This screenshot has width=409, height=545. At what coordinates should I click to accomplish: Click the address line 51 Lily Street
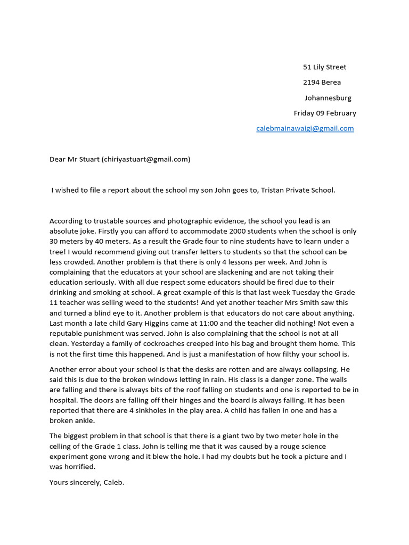point(324,67)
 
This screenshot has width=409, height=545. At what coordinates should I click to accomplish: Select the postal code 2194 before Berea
point(312,82)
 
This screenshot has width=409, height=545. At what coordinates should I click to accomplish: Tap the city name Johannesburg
point(328,98)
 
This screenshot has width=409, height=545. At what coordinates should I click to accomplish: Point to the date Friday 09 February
point(325,113)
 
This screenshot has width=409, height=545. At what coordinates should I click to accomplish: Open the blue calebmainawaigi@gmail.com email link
point(305,129)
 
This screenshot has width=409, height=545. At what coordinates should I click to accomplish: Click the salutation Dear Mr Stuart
point(74,159)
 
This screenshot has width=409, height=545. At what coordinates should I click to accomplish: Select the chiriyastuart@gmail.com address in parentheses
point(145,159)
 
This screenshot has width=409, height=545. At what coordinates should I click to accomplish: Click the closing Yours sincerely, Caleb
point(87,482)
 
